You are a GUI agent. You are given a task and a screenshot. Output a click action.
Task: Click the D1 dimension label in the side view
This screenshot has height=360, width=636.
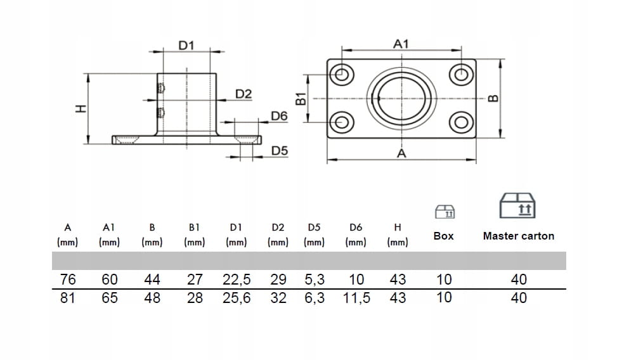click(x=185, y=45)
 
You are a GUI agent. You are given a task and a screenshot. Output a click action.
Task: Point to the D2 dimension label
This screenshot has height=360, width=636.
click(x=243, y=94)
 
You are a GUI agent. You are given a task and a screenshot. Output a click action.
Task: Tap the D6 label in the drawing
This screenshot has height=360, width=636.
click(x=279, y=116)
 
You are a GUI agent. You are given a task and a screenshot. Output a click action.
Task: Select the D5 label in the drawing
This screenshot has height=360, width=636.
click(x=280, y=151)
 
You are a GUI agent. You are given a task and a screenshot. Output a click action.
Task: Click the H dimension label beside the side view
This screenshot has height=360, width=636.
click(x=79, y=109)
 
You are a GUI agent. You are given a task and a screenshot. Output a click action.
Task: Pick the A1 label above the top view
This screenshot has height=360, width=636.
click(x=401, y=44)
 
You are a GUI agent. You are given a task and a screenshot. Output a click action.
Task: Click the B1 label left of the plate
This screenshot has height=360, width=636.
click(x=301, y=98)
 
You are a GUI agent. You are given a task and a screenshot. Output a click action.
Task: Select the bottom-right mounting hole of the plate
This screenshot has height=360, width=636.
click(x=461, y=122)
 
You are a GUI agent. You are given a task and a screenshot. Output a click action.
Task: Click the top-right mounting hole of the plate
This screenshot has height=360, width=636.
click(x=461, y=74)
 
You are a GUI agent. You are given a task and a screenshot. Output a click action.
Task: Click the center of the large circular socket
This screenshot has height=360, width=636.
click(x=402, y=98)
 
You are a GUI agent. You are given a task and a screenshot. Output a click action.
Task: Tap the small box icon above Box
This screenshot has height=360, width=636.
click(x=445, y=211)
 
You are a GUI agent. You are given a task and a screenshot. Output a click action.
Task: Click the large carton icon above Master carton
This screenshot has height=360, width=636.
click(x=517, y=205)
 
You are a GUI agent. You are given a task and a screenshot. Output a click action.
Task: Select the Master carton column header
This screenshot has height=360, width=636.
click(x=518, y=236)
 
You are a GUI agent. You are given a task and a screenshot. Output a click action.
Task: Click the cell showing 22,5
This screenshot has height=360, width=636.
click(x=237, y=280)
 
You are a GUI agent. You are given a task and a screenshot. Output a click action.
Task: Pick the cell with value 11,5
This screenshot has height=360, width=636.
click(x=356, y=298)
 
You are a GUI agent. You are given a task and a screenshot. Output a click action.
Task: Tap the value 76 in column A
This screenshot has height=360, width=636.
click(x=67, y=280)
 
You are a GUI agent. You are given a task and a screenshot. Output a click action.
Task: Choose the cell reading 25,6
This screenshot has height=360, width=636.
click(x=237, y=298)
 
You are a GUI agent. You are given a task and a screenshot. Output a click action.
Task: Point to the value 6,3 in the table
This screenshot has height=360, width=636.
click(x=314, y=298)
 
